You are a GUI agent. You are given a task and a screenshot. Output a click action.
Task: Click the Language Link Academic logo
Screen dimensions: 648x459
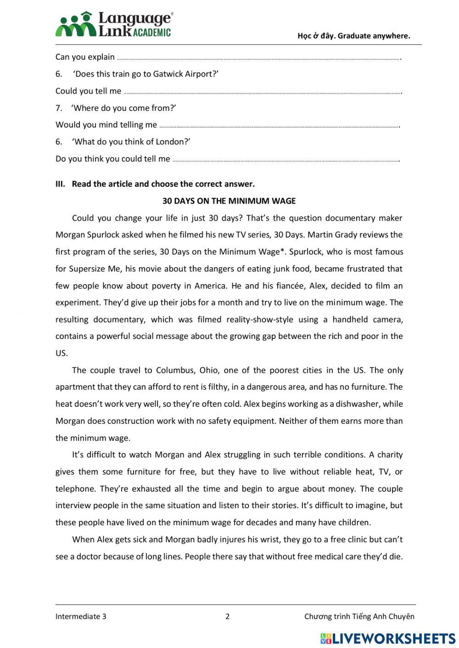(x=114, y=24)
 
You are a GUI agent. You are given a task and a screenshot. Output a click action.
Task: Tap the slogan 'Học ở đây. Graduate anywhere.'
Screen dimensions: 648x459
(x=353, y=36)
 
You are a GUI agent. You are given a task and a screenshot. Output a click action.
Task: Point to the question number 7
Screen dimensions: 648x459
(x=59, y=108)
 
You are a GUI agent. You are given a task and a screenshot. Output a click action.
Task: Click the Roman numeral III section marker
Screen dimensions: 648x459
(x=61, y=184)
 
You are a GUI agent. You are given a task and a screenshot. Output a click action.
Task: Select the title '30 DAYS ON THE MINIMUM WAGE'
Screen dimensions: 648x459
(x=229, y=201)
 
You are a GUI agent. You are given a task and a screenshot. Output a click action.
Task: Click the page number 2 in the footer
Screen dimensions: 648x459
(x=228, y=616)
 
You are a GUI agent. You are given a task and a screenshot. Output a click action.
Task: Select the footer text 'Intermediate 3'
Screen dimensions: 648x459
(x=81, y=616)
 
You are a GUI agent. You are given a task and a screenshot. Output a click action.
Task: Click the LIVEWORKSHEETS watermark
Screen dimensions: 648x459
(x=388, y=638)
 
